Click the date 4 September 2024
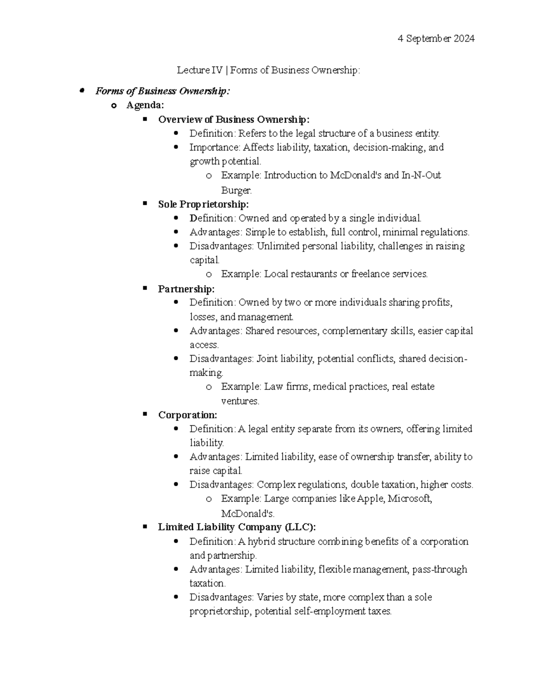click(436, 39)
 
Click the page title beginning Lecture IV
click(268, 70)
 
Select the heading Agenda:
click(145, 105)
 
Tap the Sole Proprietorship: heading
click(203, 204)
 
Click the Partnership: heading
click(186, 289)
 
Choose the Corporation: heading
click(187, 415)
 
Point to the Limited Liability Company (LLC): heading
click(237, 527)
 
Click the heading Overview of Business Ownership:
click(234, 120)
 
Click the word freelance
click(370, 274)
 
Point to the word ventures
click(240, 401)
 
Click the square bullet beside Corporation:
click(145, 415)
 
